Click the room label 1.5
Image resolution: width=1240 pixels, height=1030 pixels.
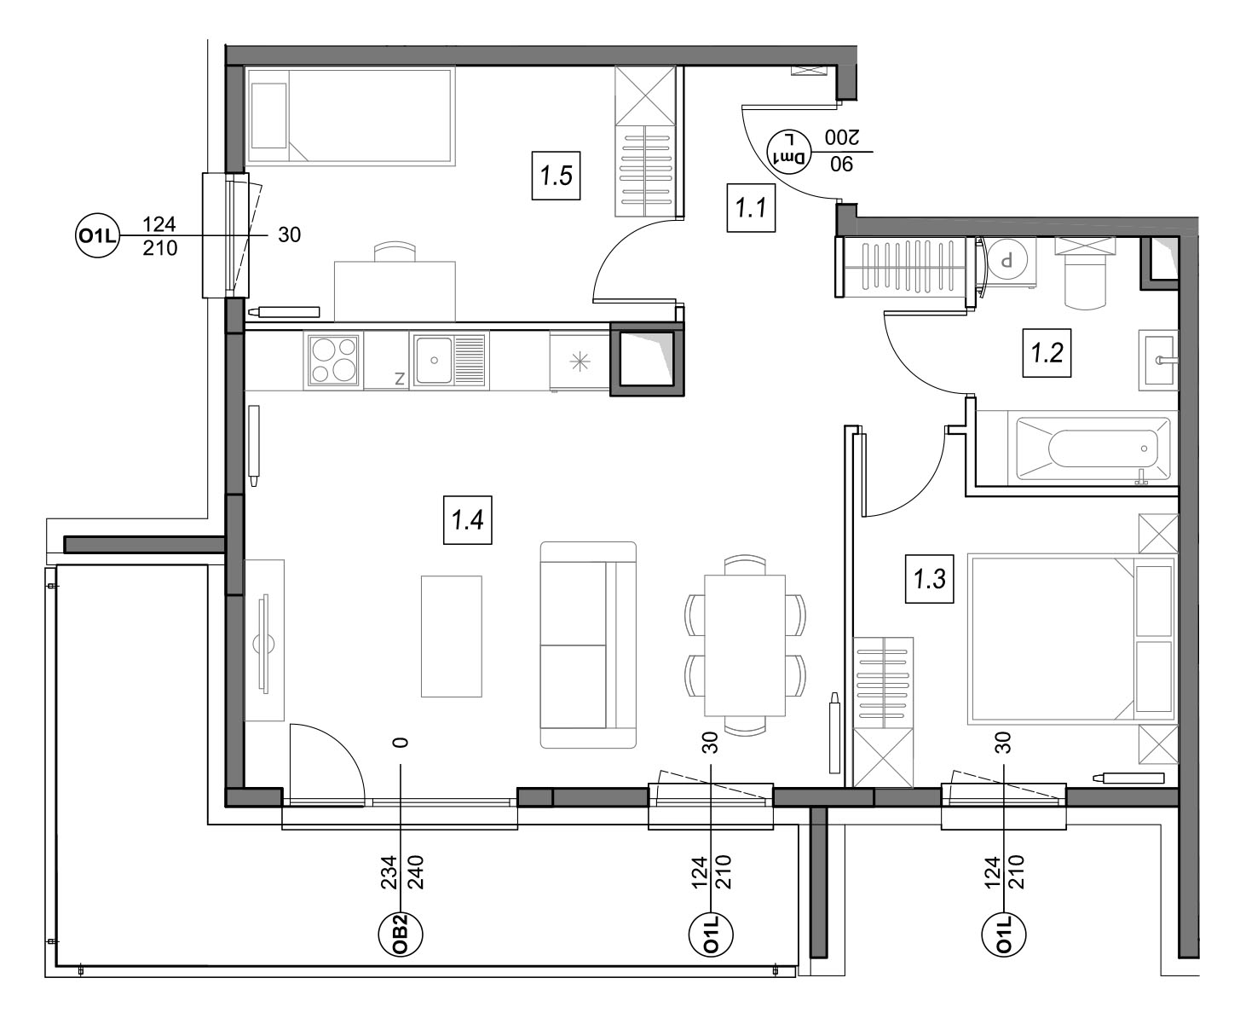tap(556, 176)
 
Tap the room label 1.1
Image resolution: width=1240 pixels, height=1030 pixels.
tap(751, 207)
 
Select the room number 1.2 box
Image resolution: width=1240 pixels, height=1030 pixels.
tap(1047, 353)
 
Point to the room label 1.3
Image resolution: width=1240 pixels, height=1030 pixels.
tap(930, 579)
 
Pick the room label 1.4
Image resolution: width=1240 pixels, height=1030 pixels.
tap(467, 520)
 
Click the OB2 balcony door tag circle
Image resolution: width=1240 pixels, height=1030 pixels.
tap(401, 935)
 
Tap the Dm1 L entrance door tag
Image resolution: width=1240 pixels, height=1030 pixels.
tap(788, 152)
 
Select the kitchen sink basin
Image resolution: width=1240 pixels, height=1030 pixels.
tap(434, 360)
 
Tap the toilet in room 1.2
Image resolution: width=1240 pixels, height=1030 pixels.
tap(1086, 273)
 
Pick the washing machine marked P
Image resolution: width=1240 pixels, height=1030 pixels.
tap(1006, 262)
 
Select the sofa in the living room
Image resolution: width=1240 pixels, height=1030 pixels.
tap(588, 645)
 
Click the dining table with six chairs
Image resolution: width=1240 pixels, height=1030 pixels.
tap(745, 645)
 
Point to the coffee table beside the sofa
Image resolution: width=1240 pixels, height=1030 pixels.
tap(452, 636)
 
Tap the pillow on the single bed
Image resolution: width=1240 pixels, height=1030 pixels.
tap(269, 115)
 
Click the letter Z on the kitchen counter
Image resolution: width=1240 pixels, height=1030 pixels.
tap(400, 379)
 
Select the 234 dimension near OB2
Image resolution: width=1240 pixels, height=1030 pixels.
tap(389, 872)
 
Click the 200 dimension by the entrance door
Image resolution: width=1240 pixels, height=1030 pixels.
tap(842, 138)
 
